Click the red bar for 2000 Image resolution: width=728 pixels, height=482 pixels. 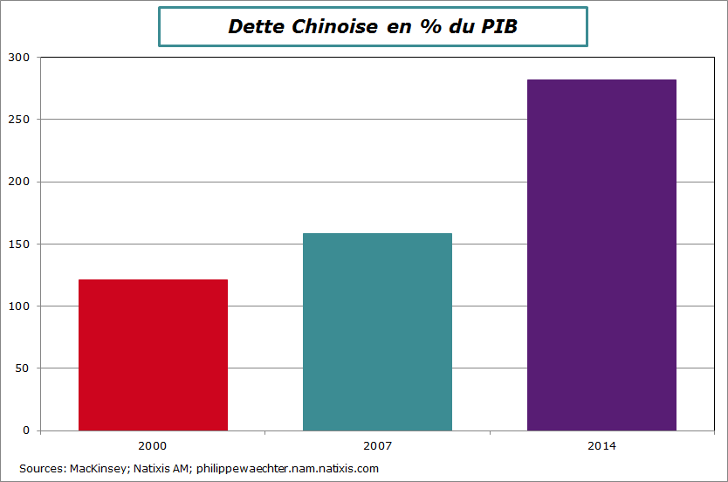point(153,355)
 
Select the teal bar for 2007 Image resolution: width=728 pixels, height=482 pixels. point(377,332)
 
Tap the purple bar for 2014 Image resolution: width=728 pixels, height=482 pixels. point(601,255)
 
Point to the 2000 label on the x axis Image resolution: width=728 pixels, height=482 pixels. point(153,445)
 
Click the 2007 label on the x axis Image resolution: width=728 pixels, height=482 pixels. point(377,445)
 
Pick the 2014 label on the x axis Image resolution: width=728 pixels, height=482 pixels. point(601,445)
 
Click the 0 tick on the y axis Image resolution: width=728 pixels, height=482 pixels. point(25,430)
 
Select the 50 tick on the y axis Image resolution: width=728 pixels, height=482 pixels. point(23,368)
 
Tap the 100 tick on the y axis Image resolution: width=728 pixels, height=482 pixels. point(19,306)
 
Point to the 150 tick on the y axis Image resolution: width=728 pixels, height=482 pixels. point(19,244)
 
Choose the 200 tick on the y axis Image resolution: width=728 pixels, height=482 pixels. point(19,182)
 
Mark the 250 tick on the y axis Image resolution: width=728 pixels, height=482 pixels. point(19,120)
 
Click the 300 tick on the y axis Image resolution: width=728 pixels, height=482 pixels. point(19,58)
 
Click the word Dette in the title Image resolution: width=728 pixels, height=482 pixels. point(256,26)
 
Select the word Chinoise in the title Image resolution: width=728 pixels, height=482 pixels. point(335,26)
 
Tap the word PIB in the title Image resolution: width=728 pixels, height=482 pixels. point(500,26)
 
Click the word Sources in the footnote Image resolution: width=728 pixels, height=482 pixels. point(41,469)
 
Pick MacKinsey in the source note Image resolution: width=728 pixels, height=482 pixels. point(99,469)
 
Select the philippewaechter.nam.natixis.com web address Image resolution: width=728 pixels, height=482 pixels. point(287,469)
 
